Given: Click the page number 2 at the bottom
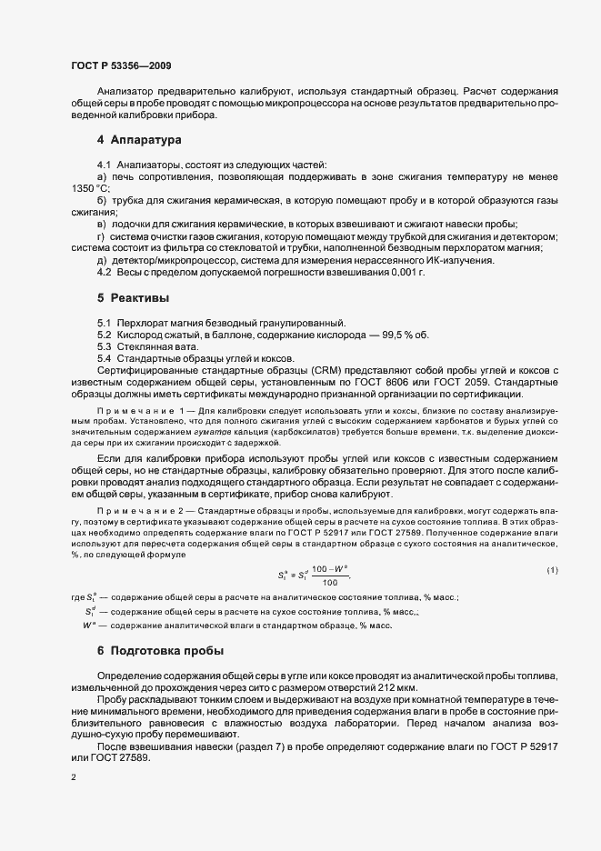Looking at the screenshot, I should pyautogui.click(x=73, y=778).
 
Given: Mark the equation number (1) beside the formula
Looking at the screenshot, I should pyautogui.click(x=551, y=595).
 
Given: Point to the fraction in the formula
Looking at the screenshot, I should pyautogui.click(x=329, y=601).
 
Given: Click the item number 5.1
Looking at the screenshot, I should pyautogui.click(x=104, y=323).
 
